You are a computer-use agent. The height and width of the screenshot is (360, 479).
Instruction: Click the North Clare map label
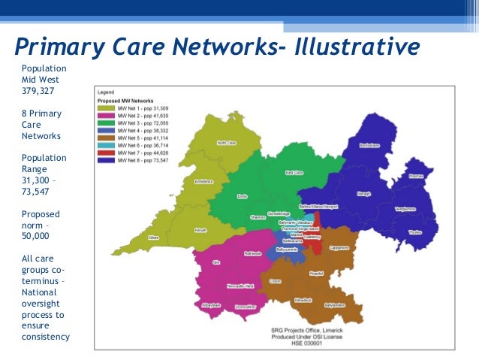pyautogui.click(x=227, y=142)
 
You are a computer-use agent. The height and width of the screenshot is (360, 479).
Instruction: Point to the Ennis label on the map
pyautogui.click(x=243, y=195)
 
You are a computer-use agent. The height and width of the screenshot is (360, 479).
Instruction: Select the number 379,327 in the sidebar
pyautogui.click(x=38, y=92)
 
